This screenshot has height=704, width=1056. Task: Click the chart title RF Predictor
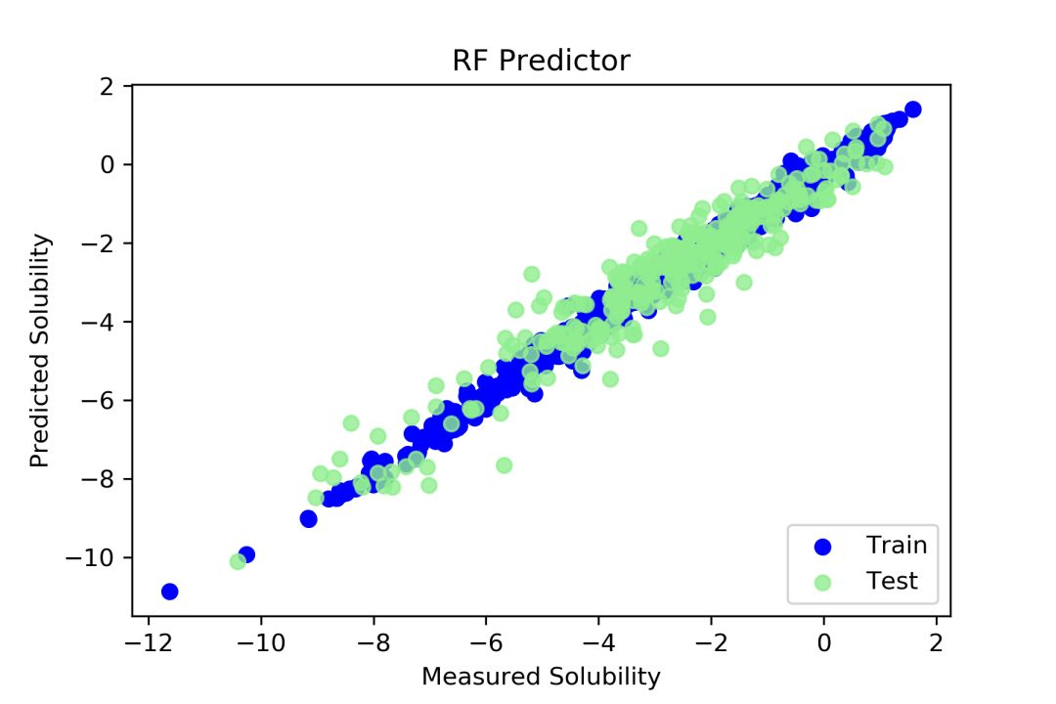pyautogui.click(x=541, y=62)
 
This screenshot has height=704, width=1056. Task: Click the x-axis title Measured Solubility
pyautogui.click(x=541, y=676)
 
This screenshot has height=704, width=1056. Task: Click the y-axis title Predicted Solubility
pyautogui.click(x=39, y=349)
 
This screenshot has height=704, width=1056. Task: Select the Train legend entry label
pyautogui.click(x=896, y=545)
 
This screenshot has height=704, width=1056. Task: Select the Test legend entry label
pyautogui.click(x=892, y=581)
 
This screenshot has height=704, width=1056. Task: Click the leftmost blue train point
pyautogui.click(x=169, y=591)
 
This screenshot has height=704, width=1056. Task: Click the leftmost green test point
pyautogui.click(x=238, y=561)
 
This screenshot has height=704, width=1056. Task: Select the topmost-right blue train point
pyautogui.click(x=912, y=109)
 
